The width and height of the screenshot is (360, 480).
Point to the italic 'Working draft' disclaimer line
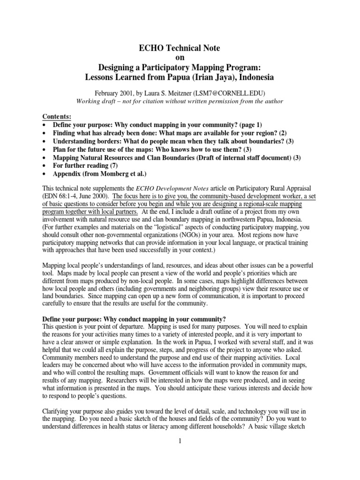tap(180, 101)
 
